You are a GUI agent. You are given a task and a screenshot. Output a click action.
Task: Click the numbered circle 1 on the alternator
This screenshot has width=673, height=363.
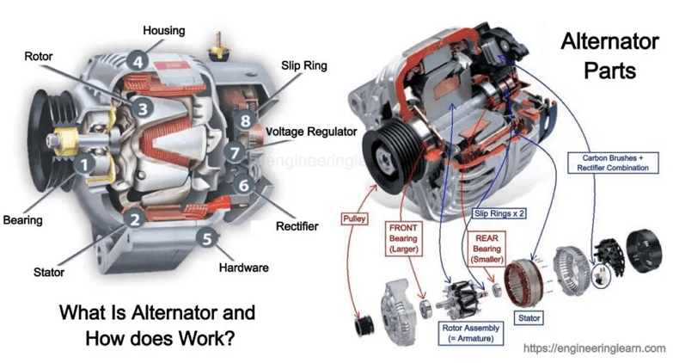(x=83, y=161)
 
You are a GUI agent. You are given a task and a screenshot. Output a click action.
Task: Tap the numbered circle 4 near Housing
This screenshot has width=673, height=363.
(x=138, y=60)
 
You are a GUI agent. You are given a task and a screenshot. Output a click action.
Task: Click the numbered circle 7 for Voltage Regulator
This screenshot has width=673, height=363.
(x=235, y=152)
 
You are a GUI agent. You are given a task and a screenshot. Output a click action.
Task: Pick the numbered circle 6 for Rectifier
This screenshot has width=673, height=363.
(x=244, y=184)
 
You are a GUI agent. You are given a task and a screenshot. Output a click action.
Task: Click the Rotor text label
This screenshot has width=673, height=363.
(x=38, y=57)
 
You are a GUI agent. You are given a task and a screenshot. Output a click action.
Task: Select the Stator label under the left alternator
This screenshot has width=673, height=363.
(x=49, y=273)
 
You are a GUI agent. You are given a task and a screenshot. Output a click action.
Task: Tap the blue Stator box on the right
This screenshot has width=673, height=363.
(x=529, y=317)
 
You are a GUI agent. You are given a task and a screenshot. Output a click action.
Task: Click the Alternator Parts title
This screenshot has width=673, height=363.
(x=598, y=55)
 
